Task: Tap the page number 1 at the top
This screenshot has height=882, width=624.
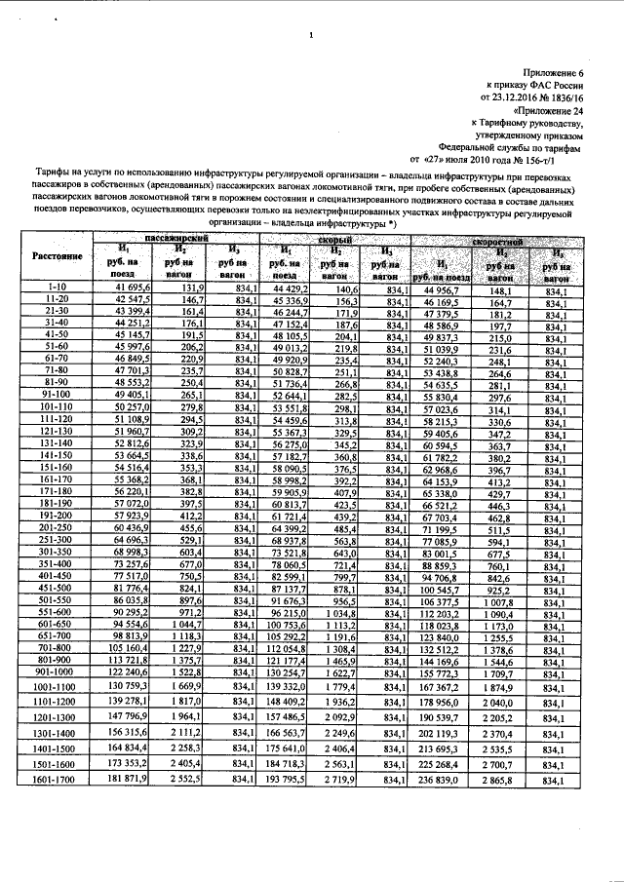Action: click(310, 36)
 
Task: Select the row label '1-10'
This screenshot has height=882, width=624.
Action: click(56, 288)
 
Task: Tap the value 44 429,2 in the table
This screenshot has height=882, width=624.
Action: click(284, 288)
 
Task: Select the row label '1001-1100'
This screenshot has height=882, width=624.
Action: click(56, 686)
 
